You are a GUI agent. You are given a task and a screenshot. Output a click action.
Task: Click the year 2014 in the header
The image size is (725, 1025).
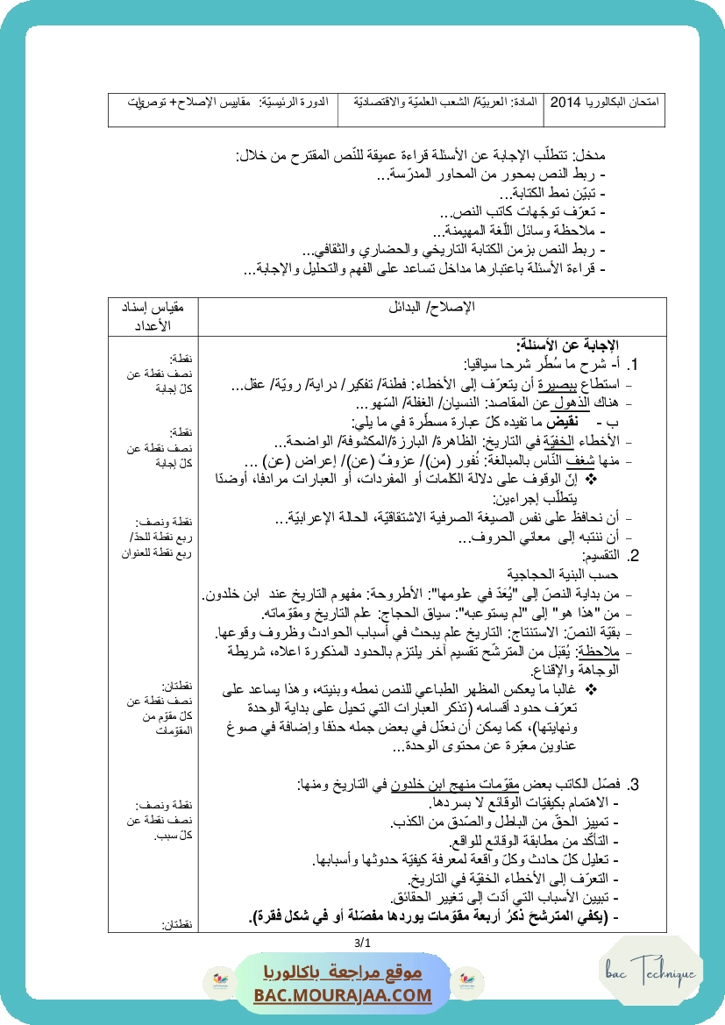pyautogui.click(x=565, y=103)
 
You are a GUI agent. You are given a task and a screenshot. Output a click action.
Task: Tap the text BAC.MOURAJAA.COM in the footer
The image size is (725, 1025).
pyautogui.click(x=343, y=995)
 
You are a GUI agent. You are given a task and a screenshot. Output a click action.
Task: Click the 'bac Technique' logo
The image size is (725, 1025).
pyautogui.click(x=650, y=972)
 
